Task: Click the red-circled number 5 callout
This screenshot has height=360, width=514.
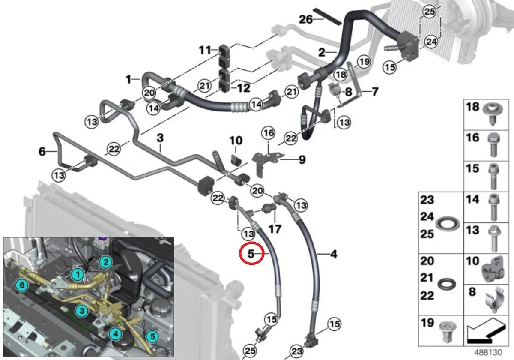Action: [252, 254]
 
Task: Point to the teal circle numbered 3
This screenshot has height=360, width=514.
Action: [81, 310]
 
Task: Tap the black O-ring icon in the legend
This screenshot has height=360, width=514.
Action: [446, 283]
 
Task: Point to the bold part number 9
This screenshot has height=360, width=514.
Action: [302, 160]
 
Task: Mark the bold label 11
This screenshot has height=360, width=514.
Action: [205, 51]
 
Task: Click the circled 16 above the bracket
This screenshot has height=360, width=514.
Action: [269, 133]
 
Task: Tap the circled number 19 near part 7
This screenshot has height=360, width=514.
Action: [364, 62]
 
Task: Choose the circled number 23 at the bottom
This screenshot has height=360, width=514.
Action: [296, 351]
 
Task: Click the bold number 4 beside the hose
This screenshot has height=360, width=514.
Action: [333, 255]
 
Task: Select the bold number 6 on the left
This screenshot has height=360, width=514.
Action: [42, 151]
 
